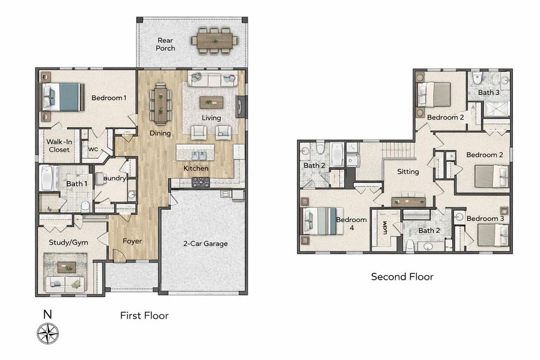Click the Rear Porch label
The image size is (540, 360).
[166, 44]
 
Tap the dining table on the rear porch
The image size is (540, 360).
[215, 40]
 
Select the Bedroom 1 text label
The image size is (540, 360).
[109, 98]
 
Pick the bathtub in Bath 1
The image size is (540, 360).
[48, 178]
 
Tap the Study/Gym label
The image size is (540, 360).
[68, 242]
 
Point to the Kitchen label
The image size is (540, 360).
[196, 168]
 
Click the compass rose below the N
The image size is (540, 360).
[47, 334]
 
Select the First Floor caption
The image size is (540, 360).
[144, 316]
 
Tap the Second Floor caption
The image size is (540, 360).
[402, 277]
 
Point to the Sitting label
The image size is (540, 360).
[408, 172]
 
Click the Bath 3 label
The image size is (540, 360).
[488, 93]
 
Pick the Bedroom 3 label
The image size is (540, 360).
[485, 218]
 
